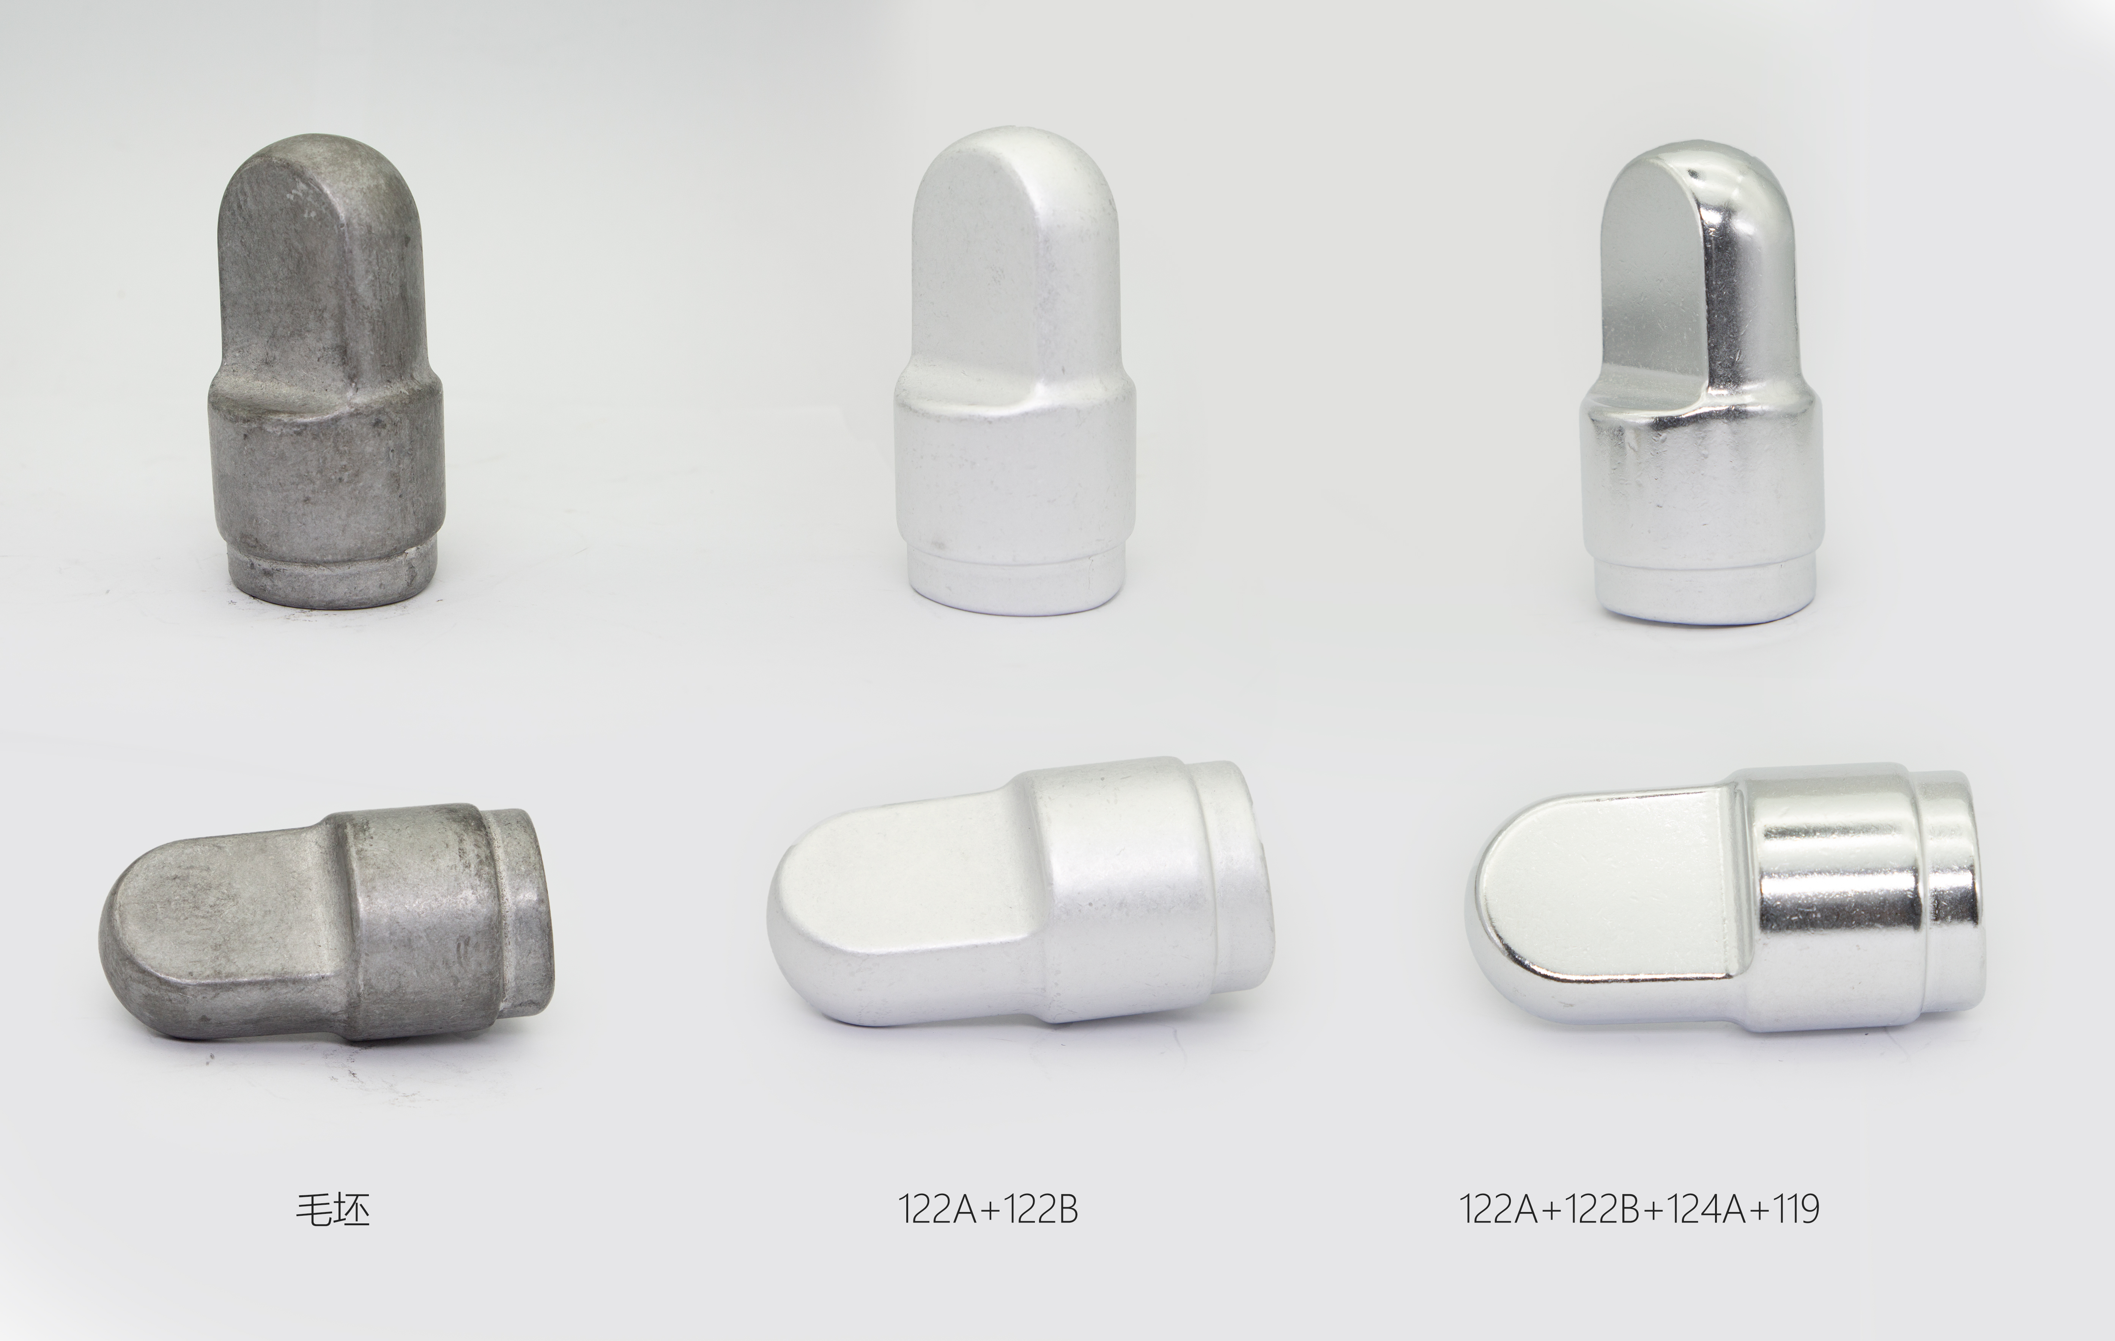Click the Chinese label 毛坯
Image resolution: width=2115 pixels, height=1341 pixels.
(x=333, y=1209)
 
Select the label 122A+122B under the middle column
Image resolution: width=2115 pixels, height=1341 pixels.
(x=988, y=1209)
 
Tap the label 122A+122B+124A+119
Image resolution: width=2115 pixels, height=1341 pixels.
(x=1639, y=1209)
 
